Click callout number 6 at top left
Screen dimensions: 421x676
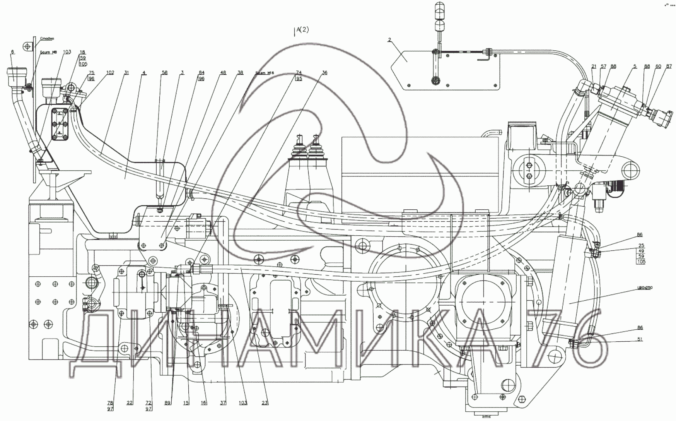13,51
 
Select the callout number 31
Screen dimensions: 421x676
126,72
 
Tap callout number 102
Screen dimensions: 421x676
110,72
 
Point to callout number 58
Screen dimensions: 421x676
165,72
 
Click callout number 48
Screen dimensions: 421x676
223,72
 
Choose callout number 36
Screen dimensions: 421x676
324,72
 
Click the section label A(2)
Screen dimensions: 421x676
302,30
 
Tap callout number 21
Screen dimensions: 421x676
594,67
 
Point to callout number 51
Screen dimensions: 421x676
640,340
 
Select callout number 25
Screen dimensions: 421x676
641,245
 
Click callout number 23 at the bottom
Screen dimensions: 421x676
265,403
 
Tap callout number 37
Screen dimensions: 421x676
223,403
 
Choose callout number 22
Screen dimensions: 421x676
130,403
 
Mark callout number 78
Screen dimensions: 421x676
110,403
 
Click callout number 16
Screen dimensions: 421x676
204,403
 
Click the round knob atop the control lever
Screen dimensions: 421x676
440,9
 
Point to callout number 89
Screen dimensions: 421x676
167,403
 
